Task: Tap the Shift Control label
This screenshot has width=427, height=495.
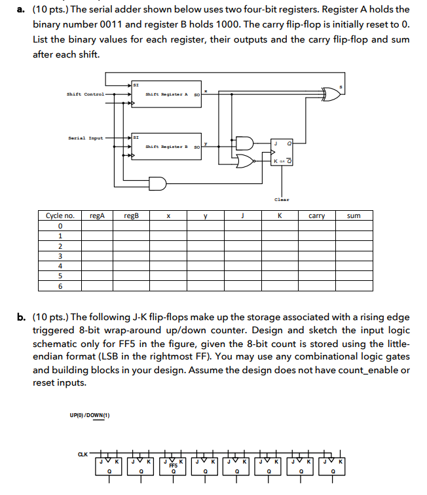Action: tap(85, 94)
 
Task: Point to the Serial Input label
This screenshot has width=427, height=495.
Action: tap(85, 138)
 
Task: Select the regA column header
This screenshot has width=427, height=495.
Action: tap(96, 215)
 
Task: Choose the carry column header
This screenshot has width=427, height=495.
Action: tap(316, 215)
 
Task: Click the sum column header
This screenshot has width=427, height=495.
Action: tap(353, 215)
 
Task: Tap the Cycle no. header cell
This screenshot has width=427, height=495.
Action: tap(60, 215)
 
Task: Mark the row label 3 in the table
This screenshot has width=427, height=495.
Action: tap(60, 256)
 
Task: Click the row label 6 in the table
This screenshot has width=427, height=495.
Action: tap(60, 286)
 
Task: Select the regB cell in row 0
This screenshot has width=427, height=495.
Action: tap(132, 226)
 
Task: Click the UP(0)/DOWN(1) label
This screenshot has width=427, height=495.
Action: tap(90, 414)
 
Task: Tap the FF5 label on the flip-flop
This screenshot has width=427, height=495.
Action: tap(174, 465)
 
